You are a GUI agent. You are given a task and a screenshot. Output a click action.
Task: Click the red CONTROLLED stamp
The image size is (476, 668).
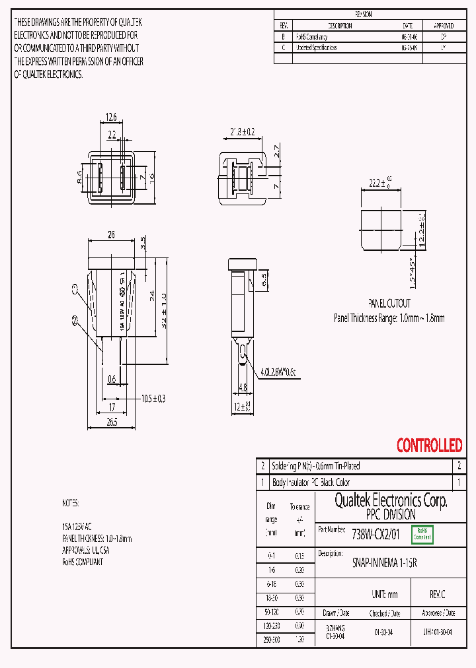pyautogui.click(x=429, y=446)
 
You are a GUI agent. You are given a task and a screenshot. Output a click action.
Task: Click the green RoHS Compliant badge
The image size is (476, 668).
pyautogui.click(x=422, y=535)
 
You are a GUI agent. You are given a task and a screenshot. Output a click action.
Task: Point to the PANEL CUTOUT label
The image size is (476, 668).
pyautogui.click(x=389, y=304)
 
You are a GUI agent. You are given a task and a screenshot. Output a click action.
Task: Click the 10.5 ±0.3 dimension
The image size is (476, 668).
pyautogui.click(x=153, y=399)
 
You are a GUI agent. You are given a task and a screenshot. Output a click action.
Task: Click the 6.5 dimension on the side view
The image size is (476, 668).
pyautogui.click(x=264, y=279)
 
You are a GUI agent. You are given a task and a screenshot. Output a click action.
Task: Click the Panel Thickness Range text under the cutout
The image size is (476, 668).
pyautogui.click(x=389, y=317)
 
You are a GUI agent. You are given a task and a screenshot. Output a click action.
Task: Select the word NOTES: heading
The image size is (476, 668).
pyautogui.click(x=70, y=503)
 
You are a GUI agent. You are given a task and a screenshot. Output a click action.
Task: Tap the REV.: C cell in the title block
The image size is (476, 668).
pyautogui.click(x=437, y=595)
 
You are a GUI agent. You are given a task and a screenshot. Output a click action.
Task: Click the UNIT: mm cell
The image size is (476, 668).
pyautogui.click(x=384, y=595)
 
